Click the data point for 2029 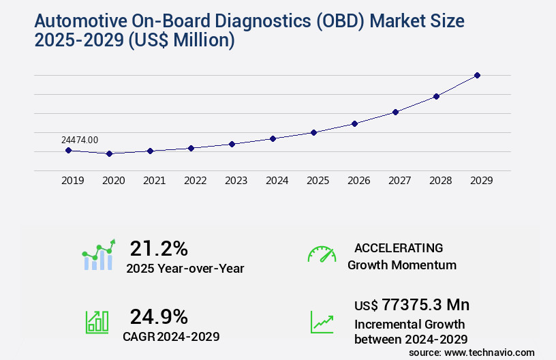pyautogui.click(x=477, y=75)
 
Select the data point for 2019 pyautogui.click(x=68, y=150)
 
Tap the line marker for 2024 pyautogui.click(x=273, y=138)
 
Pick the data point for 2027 pyautogui.click(x=395, y=112)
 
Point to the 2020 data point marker pyautogui.click(x=109, y=153)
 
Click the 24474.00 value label pyautogui.click(x=80, y=140)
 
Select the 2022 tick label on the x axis pyautogui.click(x=195, y=181)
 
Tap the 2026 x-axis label pyautogui.click(x=358, y=181)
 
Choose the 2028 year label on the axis pyautogui.click(x=440, y=181)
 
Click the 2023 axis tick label pyautogui.click(x=236, y=181)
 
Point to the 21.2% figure pyautogui.click(x=159, y=248)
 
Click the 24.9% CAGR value pyautogui.click(x=159, y=316)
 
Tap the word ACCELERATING pyautogui.click(x=399, y=247)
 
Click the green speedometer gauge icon pyautogui.click(x=322, y=254)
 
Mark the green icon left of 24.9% pyautogui.click(x=97, y=322)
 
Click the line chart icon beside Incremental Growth pyautogui.click(x=322, y=322)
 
